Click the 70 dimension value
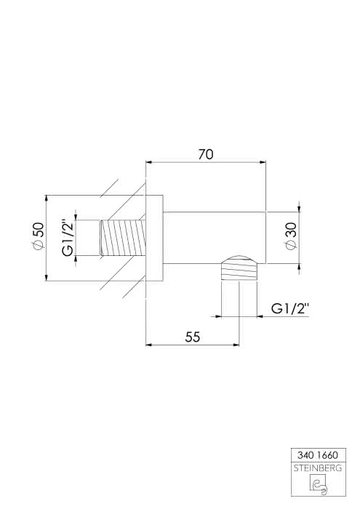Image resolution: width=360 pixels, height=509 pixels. pyautogui.click(x=206, y=154)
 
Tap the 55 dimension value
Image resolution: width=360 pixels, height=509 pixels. pyautogui.click(x=193, y=337)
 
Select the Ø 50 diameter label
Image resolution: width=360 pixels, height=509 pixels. pyautogui.click(x=37, y=236)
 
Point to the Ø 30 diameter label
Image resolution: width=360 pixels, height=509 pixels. pyautogui.click(x=291, y=236)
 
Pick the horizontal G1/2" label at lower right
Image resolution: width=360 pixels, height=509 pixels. pyautogui.click(x=290, y=309)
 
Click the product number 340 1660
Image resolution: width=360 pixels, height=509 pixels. pyautogui.click(x=318, y=455)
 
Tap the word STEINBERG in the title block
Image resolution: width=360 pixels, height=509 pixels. pyautogui.click(x=318, y=468)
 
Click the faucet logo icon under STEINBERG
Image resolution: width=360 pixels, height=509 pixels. pyautogui.click(x=318, y=485)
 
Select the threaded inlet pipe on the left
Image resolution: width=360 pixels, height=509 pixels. pyautogui.click(x=122, y=238)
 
